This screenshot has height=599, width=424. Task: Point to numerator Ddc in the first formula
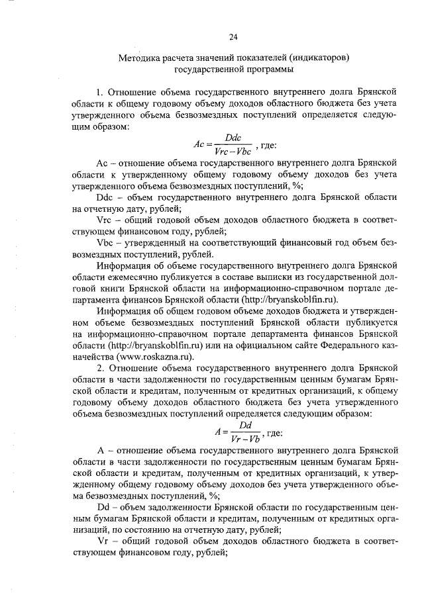pyautogui.click(x=233, y=136)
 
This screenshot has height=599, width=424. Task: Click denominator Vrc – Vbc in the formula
pyautogui.click(x=233, y=150)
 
